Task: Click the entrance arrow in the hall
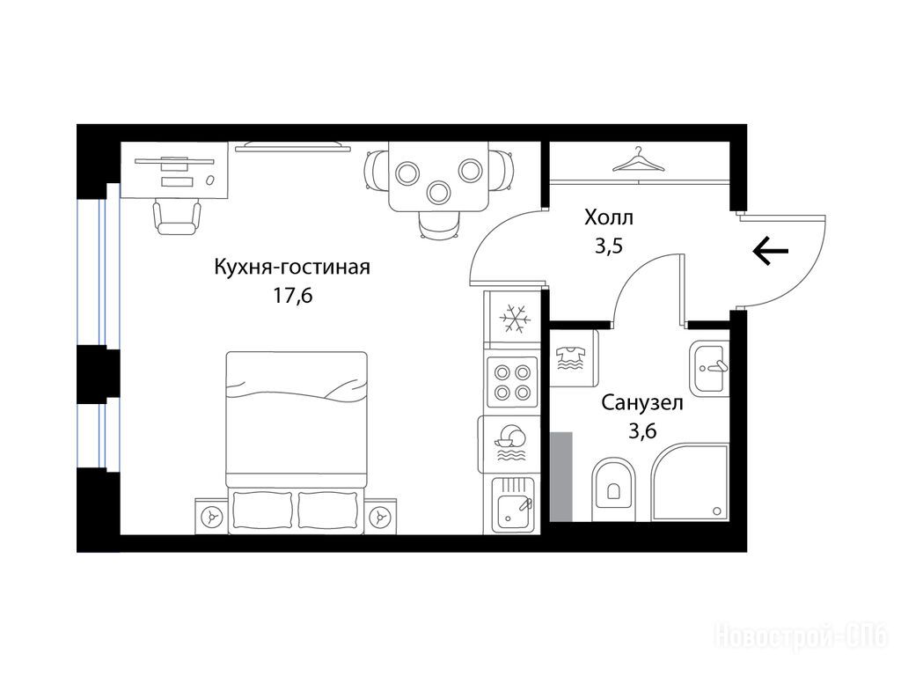pyautogui.click(x=770, y=251)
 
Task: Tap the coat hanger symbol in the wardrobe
pyautogui.click(x=638, y=160)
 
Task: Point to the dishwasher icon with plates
pyautogui.click(x=509, y=444)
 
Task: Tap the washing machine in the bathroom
pyautogui.click(x=573, y=358)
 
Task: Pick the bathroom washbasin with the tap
pyautogui.click(x=710, y=368)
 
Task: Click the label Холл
pyautogui.click(x=609, y=218)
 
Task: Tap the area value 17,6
pyautogui.click(x=293, y=296)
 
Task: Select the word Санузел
pyautogui.click(x=642, y=403)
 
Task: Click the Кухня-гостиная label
pyautogui.click(x=292, y=268)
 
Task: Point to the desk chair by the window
pyautogui.click(x=177, y=217)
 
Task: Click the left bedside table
pyautogui.click(x=211, y=516)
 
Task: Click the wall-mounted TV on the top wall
pyautogui.click(x=293, y=148)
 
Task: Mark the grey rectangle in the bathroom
pyautogui.click(x=561, y=477)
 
